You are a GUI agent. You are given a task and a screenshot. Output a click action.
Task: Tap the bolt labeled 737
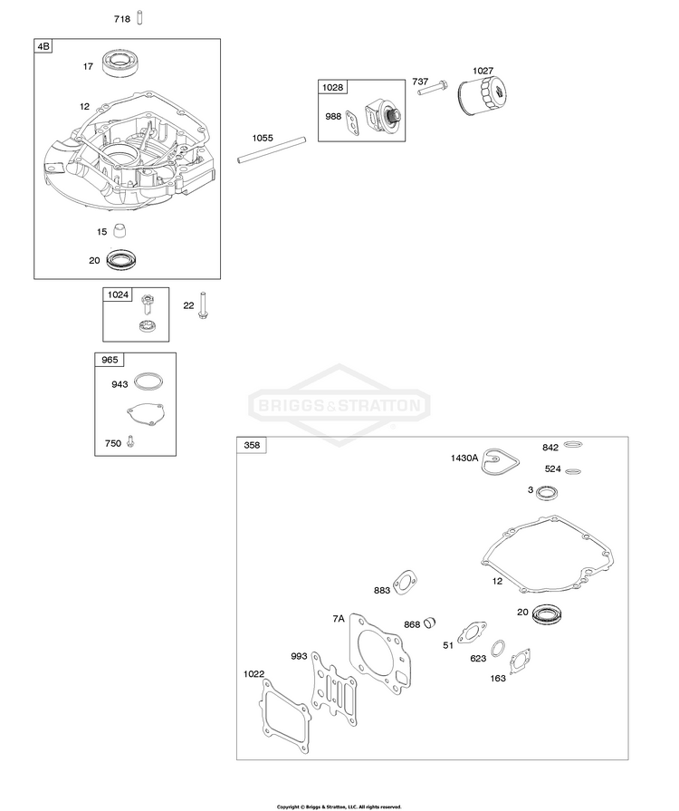coord(433,88)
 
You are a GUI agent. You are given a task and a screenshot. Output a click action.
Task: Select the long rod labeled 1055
coord(272,150)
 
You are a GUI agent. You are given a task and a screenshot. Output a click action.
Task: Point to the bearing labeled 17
coord(119,63)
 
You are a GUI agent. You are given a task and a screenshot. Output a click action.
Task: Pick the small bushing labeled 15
coord(120,230)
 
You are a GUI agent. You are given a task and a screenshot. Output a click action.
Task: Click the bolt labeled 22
coord(202,305)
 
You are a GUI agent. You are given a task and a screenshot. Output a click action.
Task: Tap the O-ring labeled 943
coord(148,381)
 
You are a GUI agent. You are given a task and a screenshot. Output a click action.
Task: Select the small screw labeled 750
coord(130,441)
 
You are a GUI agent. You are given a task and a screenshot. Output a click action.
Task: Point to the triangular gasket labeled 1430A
coord(500,461)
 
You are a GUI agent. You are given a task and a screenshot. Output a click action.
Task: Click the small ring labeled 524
coord(573,471)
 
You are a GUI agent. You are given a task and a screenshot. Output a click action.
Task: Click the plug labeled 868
coord(430,623)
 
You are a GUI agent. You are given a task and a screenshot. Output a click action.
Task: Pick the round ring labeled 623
coord(498,648)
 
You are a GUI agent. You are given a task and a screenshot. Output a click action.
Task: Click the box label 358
coord(252,445)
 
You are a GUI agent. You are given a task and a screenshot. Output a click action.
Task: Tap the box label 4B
coord(43,46)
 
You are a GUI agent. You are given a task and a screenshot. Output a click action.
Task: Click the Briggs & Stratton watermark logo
coord(339,404)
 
